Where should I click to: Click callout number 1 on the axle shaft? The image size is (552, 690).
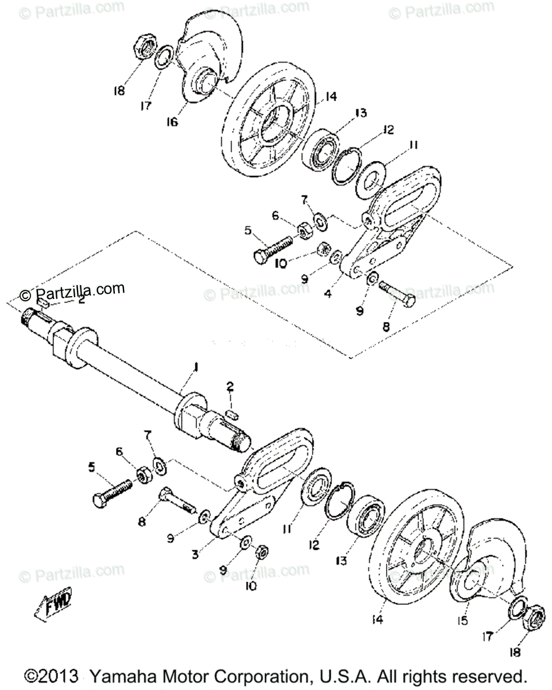click(x=196, y=366)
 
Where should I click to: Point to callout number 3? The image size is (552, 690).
click(x=195, y=555)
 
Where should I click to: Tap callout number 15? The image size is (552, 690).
click(x=462, y=621)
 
